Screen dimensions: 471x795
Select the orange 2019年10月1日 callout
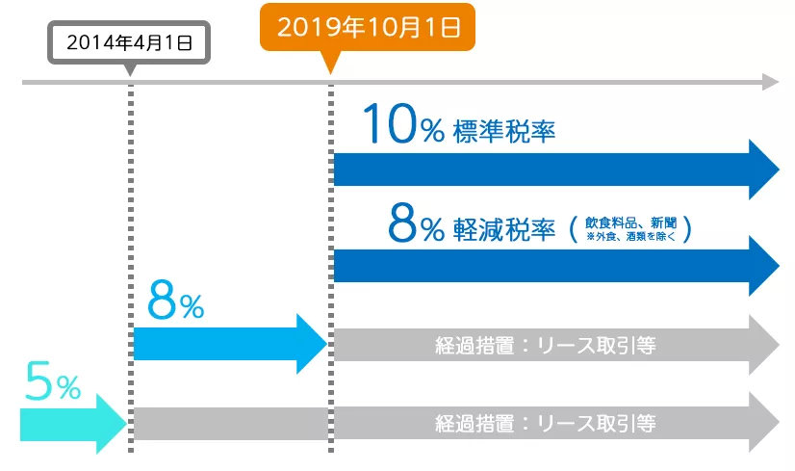[x=369, y=26]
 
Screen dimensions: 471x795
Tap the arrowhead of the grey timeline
[x=769, y=83]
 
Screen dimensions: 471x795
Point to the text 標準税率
[x=503, y=131]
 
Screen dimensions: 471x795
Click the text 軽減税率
[x=503, y=228]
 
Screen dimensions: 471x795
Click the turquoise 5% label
[x=53, y=385]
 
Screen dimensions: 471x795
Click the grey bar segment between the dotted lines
[x=231, y=422]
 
